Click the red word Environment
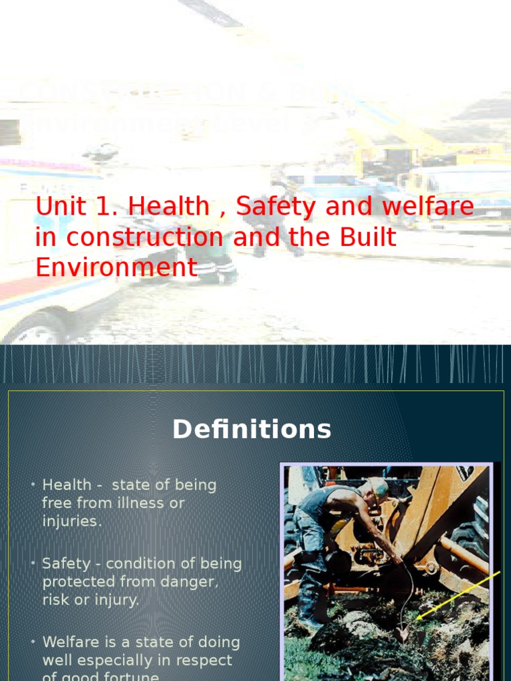click(116, 268)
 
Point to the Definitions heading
click(252, 430)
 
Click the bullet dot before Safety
click(33, 563)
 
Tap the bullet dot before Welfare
click(33, 641)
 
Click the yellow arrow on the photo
click(459, 594)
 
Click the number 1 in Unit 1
click(102, 207)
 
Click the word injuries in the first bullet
click(72, 521)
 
